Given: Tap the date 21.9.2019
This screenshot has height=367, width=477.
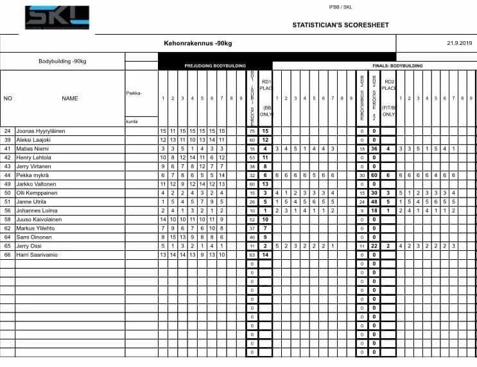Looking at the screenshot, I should [458, 44].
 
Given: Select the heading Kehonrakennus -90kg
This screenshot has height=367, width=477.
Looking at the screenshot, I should [198, 44].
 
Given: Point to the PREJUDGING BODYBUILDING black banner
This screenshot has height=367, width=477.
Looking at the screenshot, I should [214, 65].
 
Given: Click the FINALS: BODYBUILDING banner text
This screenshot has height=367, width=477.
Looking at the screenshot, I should [399, 65].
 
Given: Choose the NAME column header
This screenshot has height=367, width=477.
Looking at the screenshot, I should [70, 99].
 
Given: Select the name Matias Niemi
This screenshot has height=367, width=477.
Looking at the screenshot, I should [35, 148].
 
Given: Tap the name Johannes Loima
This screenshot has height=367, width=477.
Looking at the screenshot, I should [38, 210].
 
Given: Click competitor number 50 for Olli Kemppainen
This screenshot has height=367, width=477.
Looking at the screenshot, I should [8, 192].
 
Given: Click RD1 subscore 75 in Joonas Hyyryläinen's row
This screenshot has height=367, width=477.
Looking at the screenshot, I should [252, 131].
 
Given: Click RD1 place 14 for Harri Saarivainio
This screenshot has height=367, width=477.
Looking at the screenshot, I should [265, 254].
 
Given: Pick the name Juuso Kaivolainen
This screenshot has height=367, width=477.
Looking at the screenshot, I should [39, 219].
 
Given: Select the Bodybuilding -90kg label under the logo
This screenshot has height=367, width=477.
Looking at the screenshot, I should [62, 62].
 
